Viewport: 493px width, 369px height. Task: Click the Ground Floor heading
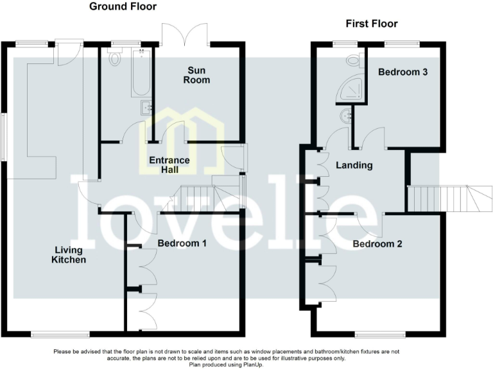click(123, 6)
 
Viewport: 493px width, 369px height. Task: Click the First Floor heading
click(372, 24)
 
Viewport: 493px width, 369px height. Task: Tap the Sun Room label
click(196, 75)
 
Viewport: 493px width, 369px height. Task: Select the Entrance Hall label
click(169, 165)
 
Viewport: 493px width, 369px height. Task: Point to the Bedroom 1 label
click(182, 243)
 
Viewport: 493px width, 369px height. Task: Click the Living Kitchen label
click(69, 255)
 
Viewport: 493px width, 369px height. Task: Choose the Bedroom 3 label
click(402, 72)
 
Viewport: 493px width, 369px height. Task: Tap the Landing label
click(354, 165)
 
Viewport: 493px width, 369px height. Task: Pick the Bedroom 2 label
click(377, 244)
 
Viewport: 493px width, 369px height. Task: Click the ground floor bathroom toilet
click(115, 57)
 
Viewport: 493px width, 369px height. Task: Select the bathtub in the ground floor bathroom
click(141, 72)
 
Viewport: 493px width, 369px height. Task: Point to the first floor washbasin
click(347, 116)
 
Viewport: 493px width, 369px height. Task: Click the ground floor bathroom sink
click(146, 108)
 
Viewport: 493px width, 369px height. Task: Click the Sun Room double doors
click(185, 34)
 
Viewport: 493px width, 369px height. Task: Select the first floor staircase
click(449, 199)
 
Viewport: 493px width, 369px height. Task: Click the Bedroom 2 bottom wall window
click(381, 335)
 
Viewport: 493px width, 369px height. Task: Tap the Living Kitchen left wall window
click(3, 137)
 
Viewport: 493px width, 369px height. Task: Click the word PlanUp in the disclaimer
click(252, 365)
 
